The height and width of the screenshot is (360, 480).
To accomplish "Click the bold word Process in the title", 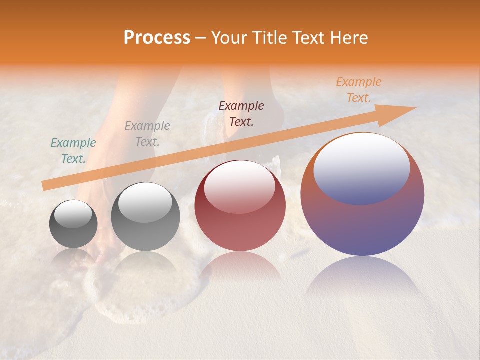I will (157, 38).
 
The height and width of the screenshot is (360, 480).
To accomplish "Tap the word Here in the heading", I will (350, 38).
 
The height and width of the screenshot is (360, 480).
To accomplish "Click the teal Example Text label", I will (73, 151).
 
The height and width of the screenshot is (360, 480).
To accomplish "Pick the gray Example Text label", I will (147, 134).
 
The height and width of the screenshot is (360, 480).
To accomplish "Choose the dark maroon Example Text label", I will (241, 114).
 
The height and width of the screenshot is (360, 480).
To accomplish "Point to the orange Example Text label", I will (358, 90).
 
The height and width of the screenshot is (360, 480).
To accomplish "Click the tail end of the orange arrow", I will (44, 186).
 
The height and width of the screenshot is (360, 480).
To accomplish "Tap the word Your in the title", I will (227, 38).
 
